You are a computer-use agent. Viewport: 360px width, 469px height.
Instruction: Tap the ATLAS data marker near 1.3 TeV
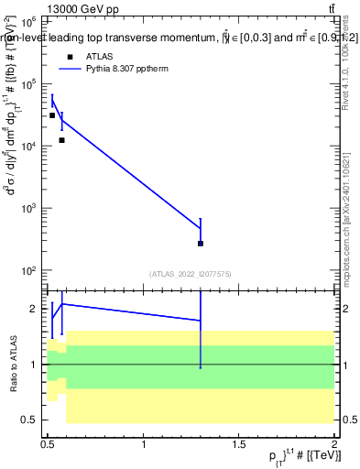click(201, 244)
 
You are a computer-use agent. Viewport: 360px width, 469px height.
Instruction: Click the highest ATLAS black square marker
click(52, 115)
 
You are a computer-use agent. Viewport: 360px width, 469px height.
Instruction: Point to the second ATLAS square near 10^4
click(61, 140)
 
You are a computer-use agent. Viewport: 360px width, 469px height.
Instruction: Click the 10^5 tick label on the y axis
click(27, 83)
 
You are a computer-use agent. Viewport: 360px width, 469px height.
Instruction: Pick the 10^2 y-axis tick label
click(27, 270)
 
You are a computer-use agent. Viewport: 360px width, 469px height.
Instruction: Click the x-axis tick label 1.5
click(239, 444)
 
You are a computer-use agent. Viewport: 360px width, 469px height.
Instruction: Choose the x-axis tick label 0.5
click(49, 444)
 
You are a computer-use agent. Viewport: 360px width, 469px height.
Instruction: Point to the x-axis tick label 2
click(335, 444)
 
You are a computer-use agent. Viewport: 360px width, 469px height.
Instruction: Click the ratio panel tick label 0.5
click(30, 420)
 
